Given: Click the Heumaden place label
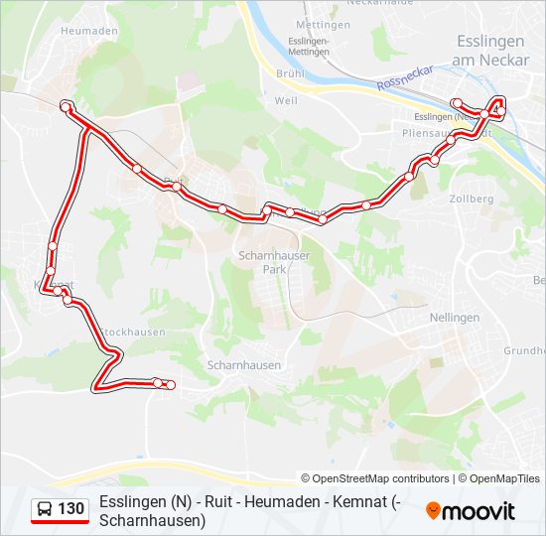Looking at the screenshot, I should point(88,31).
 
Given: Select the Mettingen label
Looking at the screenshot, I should point(323,23).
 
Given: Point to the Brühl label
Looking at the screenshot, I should point(290,73).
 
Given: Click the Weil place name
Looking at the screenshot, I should point(286,100).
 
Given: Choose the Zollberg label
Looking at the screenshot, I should point(472,199).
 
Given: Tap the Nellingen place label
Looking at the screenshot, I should point(454,318).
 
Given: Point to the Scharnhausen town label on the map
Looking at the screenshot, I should point(244,365).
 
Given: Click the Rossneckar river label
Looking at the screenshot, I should point(406,79).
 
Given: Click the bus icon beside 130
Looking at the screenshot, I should point(45,510).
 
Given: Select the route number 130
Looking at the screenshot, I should point(71,509).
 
